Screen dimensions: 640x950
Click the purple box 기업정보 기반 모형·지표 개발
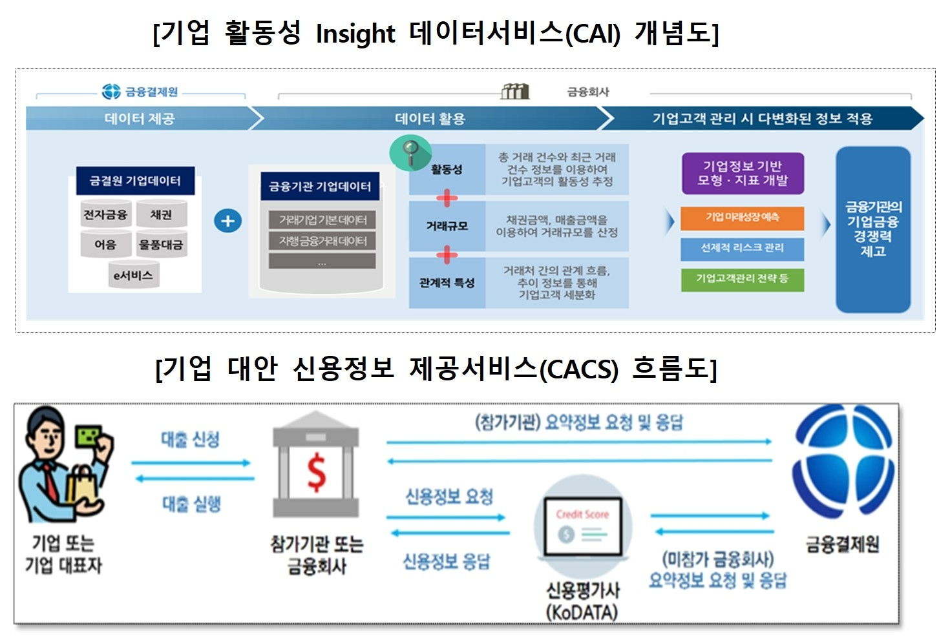pos(743,173)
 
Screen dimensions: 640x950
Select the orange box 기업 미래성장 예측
pos(743,218)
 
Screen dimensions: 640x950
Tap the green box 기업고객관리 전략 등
pos(743,279)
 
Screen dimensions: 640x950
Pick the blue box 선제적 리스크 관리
pos(743,248)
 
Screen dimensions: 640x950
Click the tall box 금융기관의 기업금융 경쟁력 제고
pos(872,229)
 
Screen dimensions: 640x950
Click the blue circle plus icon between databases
pos(227,221)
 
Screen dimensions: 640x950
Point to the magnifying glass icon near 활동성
pos(410,153)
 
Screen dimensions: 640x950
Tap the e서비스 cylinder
pos(133,276)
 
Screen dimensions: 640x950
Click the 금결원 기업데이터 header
pos(135,181)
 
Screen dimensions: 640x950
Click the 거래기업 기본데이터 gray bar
pos(322,220)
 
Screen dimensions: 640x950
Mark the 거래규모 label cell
pos(447,226)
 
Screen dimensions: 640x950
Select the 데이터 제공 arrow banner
pos(140,119)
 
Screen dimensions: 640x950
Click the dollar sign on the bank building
pos(316,473)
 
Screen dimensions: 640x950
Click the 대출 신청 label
pos(191,440)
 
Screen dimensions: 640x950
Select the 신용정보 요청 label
pos(449,497)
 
